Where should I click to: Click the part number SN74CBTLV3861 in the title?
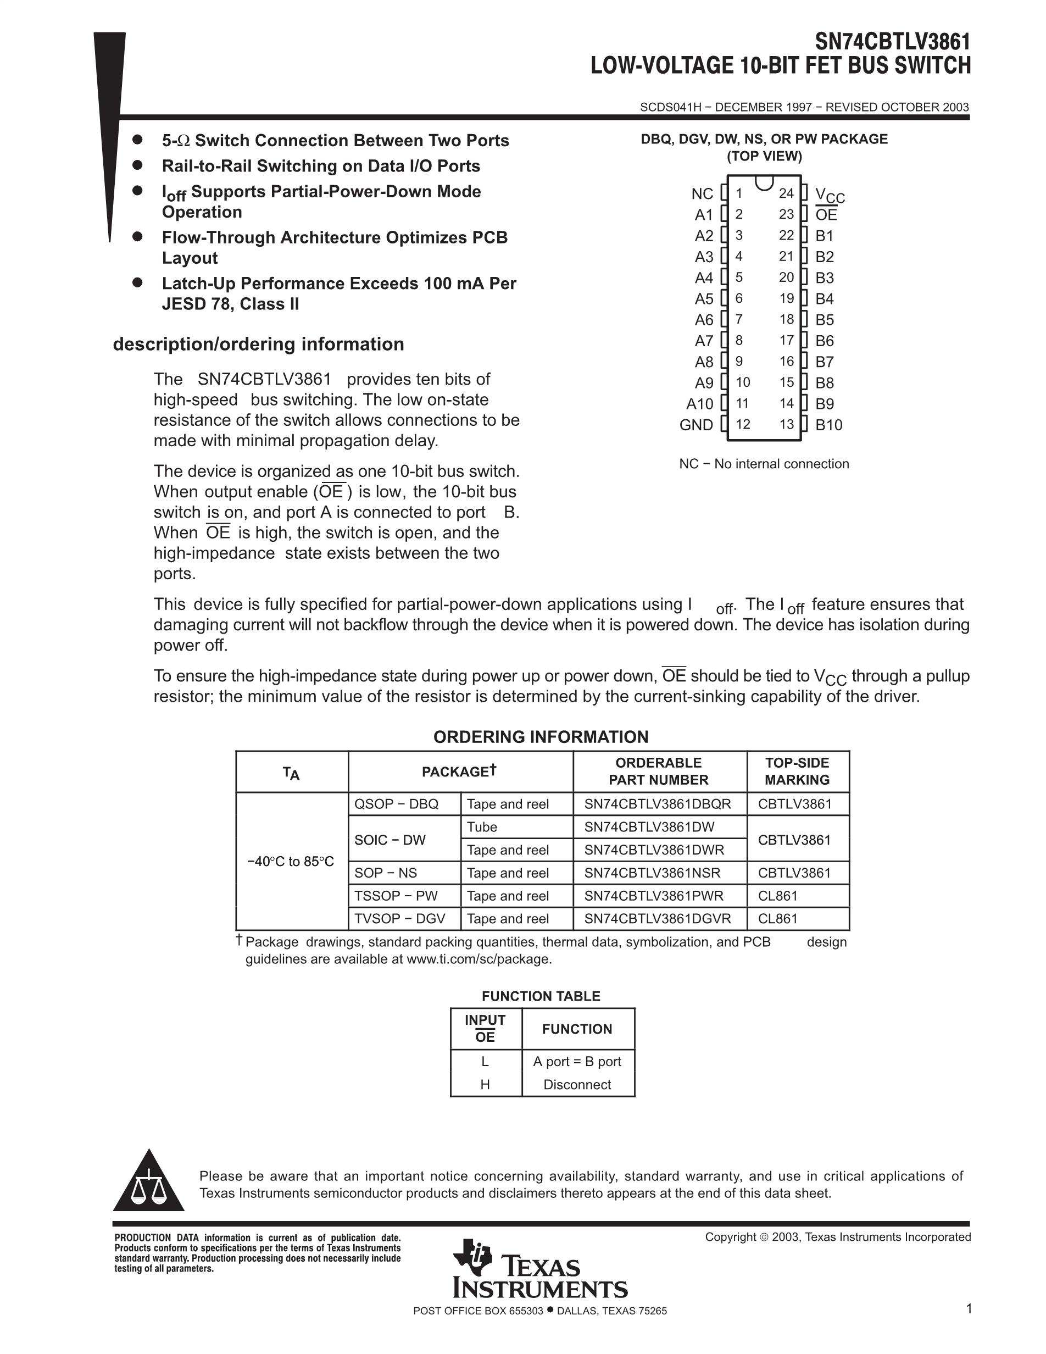[892, 42]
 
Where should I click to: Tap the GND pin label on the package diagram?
[696, 425]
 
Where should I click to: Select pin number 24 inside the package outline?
[786, 193]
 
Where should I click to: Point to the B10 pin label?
[828, 425]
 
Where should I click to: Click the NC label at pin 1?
[702, 194]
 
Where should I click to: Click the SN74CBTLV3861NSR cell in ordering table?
[652, 873]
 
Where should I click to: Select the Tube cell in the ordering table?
[482, 827]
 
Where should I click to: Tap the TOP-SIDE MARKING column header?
[797, 771]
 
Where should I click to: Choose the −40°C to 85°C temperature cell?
[291, 861]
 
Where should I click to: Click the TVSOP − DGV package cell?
[400, 919]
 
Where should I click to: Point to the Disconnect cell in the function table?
[577, 1084]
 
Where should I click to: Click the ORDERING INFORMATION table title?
[541, 737]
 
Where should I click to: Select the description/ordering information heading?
[258, 344]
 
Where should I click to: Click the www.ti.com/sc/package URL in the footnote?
[478, 959]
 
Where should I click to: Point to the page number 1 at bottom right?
[969, 1309]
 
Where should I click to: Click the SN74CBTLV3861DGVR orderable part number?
[658, 919]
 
